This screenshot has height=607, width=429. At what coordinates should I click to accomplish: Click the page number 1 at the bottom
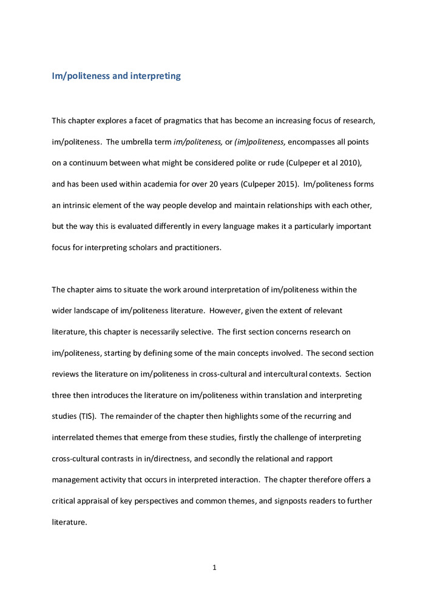point(214,568)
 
